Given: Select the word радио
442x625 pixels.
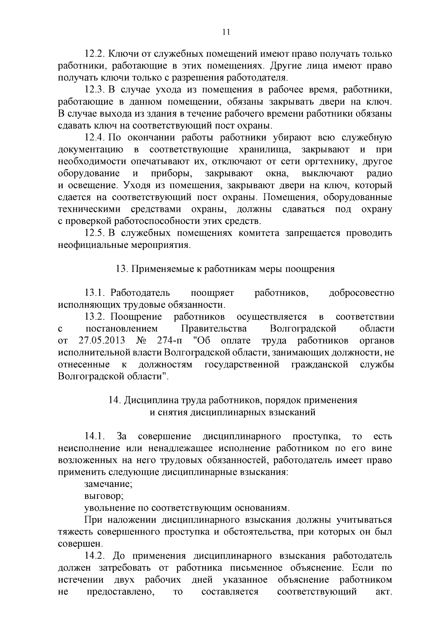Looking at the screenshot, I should pyautogui.click(x=380, y=173).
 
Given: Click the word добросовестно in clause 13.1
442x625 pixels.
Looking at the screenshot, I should pyautogui.click(x=361, y=293).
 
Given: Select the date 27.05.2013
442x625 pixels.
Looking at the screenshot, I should pyautogui.click(x=101, y=341).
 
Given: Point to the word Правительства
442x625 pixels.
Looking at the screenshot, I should pyautogui.click(x=214, y=329).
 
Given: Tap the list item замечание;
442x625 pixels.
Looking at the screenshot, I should pyautogui.click(x=108, y=484).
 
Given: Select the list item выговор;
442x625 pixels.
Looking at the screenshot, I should pyautogui.click(x=104, y=496).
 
